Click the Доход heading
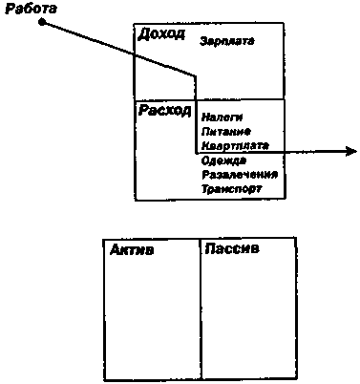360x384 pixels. click(161, 34)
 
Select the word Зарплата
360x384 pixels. click(228, 42)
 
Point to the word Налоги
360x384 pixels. click(222, 117)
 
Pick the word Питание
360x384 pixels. click(225, 132)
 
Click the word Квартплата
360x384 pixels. click(234, 146)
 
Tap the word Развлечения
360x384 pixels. click(239, 175)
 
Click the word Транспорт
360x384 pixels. click(231, 189)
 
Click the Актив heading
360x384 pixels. click(132, 251)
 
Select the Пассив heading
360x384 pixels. click(233, 250)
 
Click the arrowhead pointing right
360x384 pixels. click(350, 151)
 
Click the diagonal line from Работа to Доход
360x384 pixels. click(115, 48)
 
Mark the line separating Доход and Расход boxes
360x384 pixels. click(239, 99)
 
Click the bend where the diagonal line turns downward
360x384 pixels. click(196, 76)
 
